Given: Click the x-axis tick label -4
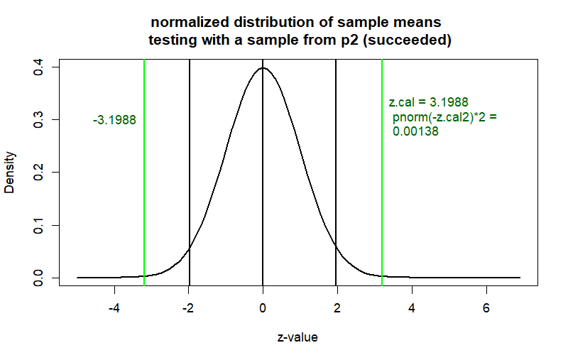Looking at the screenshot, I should (114, 309).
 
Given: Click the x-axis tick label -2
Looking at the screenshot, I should (188, 309).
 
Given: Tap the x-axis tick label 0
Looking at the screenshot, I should (263, 309).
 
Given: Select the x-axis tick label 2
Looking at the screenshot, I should (337, 309).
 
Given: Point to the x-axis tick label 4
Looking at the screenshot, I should (412, 309).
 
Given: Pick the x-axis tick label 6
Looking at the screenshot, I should (486, 309).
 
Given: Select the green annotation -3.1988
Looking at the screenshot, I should (114, 120).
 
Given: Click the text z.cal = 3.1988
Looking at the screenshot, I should (428, 102).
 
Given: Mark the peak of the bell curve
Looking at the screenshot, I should (263, 68).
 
